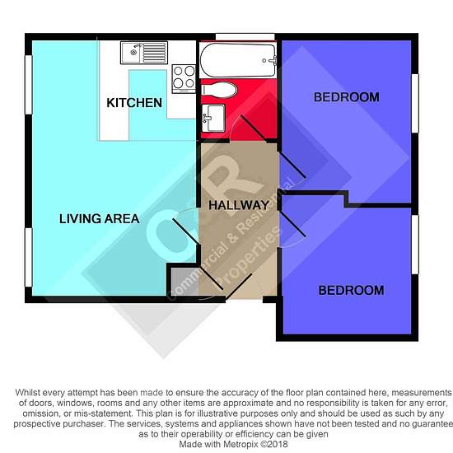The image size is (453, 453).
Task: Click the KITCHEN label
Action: pyautogui.click(x=134, y=103)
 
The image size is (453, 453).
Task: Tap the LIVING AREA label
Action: pyautogui.click(x=99, y=219)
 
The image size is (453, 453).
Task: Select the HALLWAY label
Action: pyautogui.click(x=239, y=205)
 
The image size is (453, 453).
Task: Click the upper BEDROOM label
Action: pyautogui.click(x=347, y=97)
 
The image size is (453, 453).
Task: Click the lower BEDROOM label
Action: pyautogui.click(x=351, y=291)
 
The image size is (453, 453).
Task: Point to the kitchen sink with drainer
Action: pyautogui.click(x=144, y=53)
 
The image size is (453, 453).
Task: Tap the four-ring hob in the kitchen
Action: pyautogui.click(x=184, y=79)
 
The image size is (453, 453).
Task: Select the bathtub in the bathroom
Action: pyautogui.click(x=238, y=60)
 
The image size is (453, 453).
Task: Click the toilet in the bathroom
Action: pyautogui.click(x=219, y=90)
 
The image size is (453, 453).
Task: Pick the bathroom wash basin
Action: pyautogui.click(x=213, y=118)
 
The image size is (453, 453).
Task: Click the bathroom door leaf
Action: pyautogui.click(x=254, y=128)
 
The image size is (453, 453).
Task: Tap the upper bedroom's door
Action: pyautogui.click(x=292, y=165)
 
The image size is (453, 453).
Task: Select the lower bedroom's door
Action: pyautogui.click(x=292, y=224)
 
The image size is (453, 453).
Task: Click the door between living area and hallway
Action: pyautogui.click(x=186, y=231)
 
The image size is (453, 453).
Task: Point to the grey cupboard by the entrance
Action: pyautogui.click(x=184, y=282)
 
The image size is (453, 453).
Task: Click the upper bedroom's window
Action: pyautogui.click(x=415, y=104)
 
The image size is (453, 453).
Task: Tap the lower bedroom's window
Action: pyautogui.click(x=415, y=245)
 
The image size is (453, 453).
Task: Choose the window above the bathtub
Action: pyautogui.click(x=245, y=37)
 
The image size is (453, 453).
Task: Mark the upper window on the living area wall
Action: pyautogui.click(x=28, y=84)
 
